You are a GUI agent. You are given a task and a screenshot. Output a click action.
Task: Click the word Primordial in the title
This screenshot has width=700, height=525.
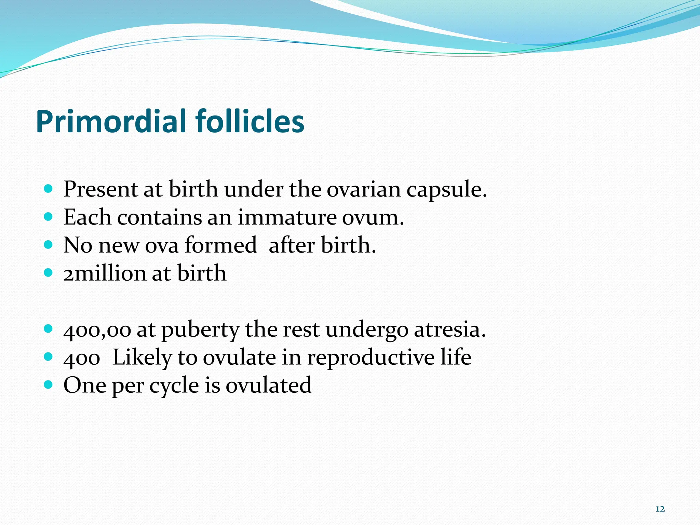click(112, 122)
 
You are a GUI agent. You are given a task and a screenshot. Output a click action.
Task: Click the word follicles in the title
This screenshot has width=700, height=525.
click(250, 122)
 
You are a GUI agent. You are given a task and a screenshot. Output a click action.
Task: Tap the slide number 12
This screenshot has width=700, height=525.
click(660, 509)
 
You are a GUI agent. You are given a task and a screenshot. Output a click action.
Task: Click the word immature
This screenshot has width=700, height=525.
click(287, 217)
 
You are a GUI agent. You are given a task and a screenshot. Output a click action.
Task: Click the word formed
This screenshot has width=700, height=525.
click(221, 245)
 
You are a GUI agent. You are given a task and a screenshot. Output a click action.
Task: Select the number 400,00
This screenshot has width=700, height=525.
click(97, 330)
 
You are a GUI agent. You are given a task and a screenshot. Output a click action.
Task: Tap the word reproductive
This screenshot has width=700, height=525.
click(371, 358)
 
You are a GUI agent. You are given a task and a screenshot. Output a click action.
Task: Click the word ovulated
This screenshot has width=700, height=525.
click(268, 386)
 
